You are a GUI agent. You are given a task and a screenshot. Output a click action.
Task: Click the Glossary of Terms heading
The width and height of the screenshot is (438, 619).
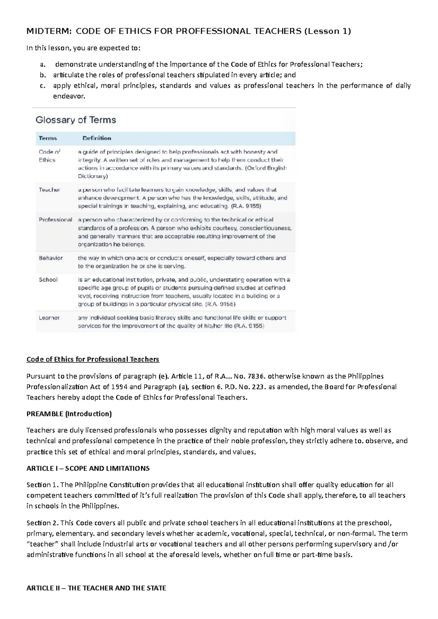click(76, 120)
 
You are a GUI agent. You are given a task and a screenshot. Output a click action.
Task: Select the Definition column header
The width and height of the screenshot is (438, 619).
click(97, 138)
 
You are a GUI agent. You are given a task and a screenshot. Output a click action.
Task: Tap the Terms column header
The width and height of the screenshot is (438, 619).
click(48, 138)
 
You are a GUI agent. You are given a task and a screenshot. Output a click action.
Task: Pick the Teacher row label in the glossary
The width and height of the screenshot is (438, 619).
click(49, 190)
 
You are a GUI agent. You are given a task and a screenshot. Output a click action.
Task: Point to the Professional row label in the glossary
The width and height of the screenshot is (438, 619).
click(55, 220)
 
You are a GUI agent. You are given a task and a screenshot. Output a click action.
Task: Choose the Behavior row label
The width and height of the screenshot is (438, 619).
click(51, 258)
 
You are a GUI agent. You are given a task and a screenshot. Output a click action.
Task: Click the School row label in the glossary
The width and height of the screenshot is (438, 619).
click(48, 280)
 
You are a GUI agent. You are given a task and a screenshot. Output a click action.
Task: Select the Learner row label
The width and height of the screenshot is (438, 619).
click(49, 318)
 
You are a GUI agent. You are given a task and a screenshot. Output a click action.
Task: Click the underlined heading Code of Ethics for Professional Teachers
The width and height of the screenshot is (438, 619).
click(93, 359)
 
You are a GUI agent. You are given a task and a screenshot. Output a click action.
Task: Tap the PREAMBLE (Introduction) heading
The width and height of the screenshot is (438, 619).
click(69, 414)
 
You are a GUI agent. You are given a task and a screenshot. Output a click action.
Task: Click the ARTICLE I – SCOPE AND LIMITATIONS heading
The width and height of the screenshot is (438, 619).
click(88, 468)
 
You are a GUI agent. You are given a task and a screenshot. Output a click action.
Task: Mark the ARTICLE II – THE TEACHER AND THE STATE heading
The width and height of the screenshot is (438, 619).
click(96, 588)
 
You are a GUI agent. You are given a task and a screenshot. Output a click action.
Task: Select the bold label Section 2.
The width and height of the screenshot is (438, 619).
click(42, 523)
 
